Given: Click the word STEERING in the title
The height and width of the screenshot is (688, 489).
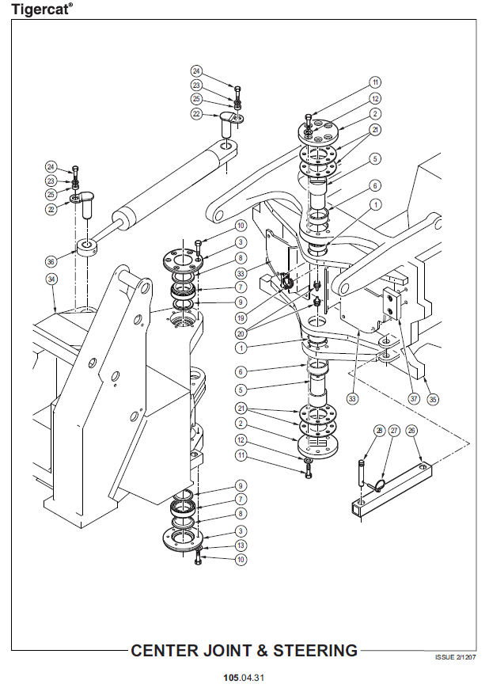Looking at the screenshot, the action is (x=316, y=650).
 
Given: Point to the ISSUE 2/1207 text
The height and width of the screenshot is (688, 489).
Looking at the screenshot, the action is (x=455, y=657).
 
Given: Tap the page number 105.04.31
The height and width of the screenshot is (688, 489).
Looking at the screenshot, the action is (x=244, y=678).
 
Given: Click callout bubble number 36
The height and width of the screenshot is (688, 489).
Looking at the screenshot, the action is (x=51, y=261).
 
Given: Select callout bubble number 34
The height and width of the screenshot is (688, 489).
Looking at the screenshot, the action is (x=51, y=279).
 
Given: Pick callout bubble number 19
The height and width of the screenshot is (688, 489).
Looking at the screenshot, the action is (x=241, y=317).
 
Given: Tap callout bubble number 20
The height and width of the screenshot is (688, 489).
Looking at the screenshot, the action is (x=241, y=333).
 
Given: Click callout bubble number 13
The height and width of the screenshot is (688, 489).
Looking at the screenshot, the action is (x=241, y=545).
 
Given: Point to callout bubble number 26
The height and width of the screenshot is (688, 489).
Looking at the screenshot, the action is (x=411, y=431).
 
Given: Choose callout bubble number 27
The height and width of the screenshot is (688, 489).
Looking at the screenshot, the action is (x=394, y=431).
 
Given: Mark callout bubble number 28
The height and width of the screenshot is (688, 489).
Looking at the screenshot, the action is (x=379, y=431).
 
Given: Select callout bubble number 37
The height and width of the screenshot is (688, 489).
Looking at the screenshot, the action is (x=414, y=398).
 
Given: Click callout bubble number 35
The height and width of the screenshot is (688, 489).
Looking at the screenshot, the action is (x=433, y=399).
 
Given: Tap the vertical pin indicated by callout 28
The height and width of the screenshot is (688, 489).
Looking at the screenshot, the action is (x=362, y=472).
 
